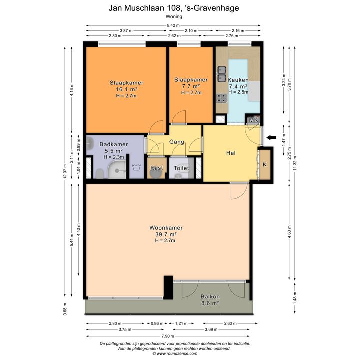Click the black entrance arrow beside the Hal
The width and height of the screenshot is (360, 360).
pyautogui.click(x=271, y=138)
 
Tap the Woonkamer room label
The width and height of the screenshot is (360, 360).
pyautogui.click(x=166, y=228)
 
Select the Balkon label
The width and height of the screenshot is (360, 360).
pyautogui.click(x=210, y=296)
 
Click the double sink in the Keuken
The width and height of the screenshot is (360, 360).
pyautogui.click(x=222, y=74)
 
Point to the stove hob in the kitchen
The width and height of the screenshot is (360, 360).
pyautogui.click(x=222, y=98)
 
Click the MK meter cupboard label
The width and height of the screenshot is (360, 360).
pyautogui.click(x=253, y=120)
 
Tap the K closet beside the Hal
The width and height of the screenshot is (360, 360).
pyautogui.click(x=265, y=164)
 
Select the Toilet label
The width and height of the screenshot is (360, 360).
pyautogui.click(x=181, y=168)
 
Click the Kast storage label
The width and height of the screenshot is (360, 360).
pyautogui.click(x=157, y=168)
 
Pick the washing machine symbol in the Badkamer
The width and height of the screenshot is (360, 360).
pyautogui.click(x=137, y=167)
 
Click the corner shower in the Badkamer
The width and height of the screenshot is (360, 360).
pyautogui.click(x=117, y=169)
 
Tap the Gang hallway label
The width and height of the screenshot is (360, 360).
pyautogui.click(x=177, y=142)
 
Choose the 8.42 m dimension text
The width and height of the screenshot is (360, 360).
pyautogui.click(x=173, y=25)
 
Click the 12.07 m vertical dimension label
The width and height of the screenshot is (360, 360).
pyautogui.click(x=65, y=171)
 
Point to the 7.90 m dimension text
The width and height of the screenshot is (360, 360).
pyautogui.click(x=168, y=336)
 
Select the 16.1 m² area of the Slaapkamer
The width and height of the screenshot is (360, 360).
pyautogui.click(x=126, y=89)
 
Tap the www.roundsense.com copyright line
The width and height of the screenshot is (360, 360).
pyautogui.click(x=175, y=354)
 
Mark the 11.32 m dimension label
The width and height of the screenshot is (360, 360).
pyautogui.click(x=295, y=163)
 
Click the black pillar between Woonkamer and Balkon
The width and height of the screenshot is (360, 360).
pyautogui.click(x=168, y=287)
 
